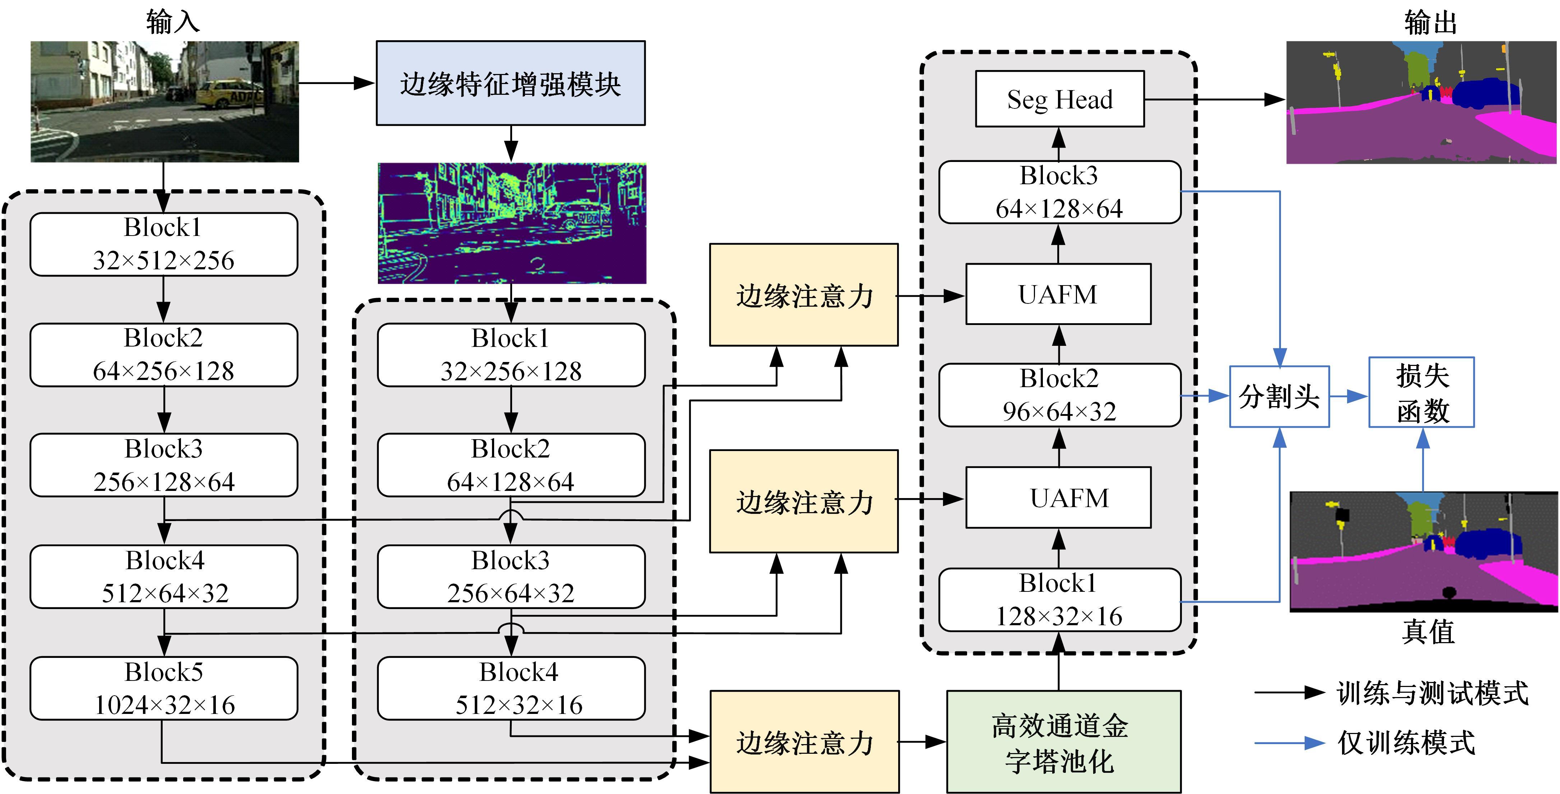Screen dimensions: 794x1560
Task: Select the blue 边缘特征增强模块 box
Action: coord(511,83)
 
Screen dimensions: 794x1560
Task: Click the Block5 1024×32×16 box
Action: coord(163,688)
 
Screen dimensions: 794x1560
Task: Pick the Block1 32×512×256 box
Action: coord(163,244)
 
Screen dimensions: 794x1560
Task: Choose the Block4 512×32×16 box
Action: coord(511,688)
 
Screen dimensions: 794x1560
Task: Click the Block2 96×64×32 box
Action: coord(1059,395)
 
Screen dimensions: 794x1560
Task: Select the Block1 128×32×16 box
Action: coord(1059,600)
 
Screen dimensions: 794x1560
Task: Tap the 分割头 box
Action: coord(1279,397)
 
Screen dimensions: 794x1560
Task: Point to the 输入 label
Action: coord(173,22)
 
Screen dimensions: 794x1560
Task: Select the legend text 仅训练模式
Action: coord(1406,743)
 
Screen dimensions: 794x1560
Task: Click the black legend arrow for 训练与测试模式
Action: coord(1289,692)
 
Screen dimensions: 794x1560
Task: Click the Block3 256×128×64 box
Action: coord(163,465)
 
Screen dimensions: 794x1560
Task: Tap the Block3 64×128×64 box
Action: coord(1059,192)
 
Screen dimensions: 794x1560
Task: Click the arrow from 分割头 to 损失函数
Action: coord(1348,397)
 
